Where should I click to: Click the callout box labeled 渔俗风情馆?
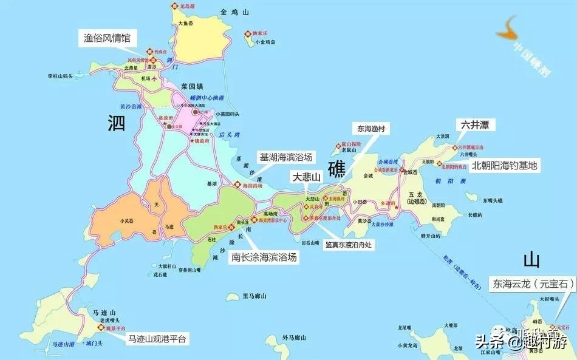click(x=107, y=38)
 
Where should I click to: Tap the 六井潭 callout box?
click(x=476, y=125)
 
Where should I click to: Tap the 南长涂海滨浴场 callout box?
click(x=264, y=257)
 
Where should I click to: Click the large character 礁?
click(x=338, y=169)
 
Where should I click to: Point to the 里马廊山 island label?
click(x=255, y=296)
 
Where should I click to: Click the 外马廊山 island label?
click(x=296, y=337)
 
